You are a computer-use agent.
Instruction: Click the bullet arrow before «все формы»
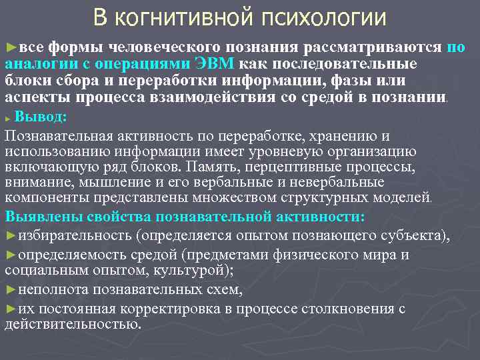9,48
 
